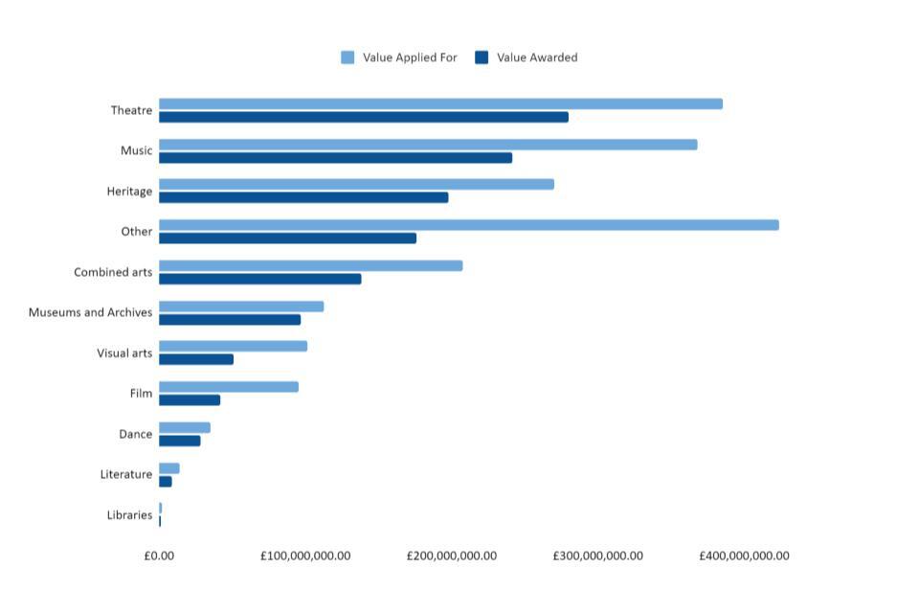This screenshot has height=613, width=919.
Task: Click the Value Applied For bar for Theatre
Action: pos(440,103)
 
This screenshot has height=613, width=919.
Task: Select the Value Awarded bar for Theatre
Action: pos(364,117)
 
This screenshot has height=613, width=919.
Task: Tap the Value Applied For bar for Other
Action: pos(468,225)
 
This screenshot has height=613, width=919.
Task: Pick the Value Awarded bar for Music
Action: pos(335,157)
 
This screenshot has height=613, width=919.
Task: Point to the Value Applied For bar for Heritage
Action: pos(356,184)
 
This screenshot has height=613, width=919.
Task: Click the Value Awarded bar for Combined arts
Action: pos(259,279)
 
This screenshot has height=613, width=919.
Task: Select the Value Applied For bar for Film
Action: pos(229,387)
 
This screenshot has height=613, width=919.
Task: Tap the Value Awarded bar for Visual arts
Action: pos(196,359)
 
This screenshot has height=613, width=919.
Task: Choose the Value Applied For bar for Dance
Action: pos(185,427)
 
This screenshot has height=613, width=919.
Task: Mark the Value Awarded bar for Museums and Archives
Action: pos(230,319)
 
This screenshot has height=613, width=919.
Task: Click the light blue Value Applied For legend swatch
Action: pos(347,57)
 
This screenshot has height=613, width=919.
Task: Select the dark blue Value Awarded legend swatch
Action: pos(482,57)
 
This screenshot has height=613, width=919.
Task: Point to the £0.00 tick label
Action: pos(159,556)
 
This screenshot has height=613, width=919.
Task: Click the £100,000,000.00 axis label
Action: pos(304,556)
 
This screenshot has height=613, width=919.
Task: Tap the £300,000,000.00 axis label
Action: pos(597,556)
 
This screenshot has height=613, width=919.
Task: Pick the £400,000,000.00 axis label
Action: pos(744,556)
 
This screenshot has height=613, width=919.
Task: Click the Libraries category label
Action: pos(129,515)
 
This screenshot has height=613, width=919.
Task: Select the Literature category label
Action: pos(126,474)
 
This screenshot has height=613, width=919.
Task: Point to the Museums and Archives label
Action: pos(90,312)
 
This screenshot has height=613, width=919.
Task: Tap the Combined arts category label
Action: pos(113,272)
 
